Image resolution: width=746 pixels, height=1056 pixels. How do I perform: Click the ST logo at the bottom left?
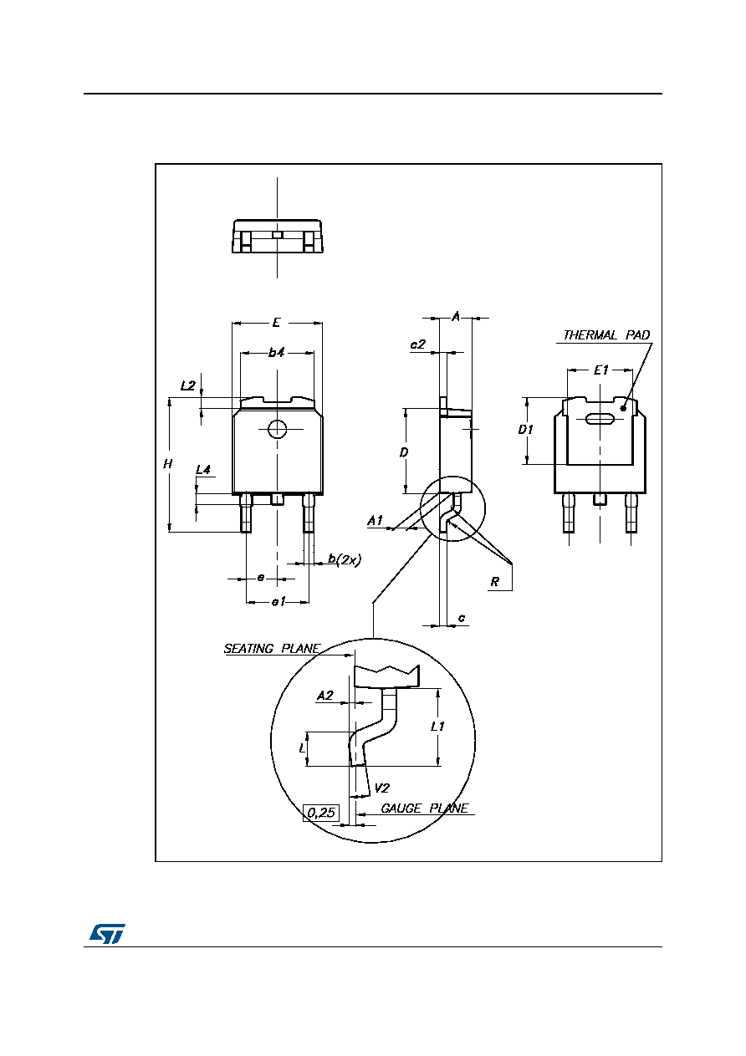[108, 933]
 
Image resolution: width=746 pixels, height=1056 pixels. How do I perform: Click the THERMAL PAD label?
[606, 335]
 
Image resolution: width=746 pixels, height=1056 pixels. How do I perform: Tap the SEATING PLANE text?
[272, 649]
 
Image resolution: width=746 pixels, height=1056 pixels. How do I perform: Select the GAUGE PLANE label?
[424, 809]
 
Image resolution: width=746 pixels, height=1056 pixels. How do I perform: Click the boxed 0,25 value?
[321, 812]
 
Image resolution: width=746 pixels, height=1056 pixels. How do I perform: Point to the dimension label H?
[168, 464]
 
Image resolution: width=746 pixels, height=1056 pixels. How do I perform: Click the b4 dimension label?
[276, 352]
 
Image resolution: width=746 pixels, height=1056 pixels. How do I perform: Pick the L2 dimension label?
[187, 385]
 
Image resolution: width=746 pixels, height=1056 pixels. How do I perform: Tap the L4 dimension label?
[203, 470]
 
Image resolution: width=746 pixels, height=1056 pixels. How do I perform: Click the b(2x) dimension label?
[345, 559]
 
